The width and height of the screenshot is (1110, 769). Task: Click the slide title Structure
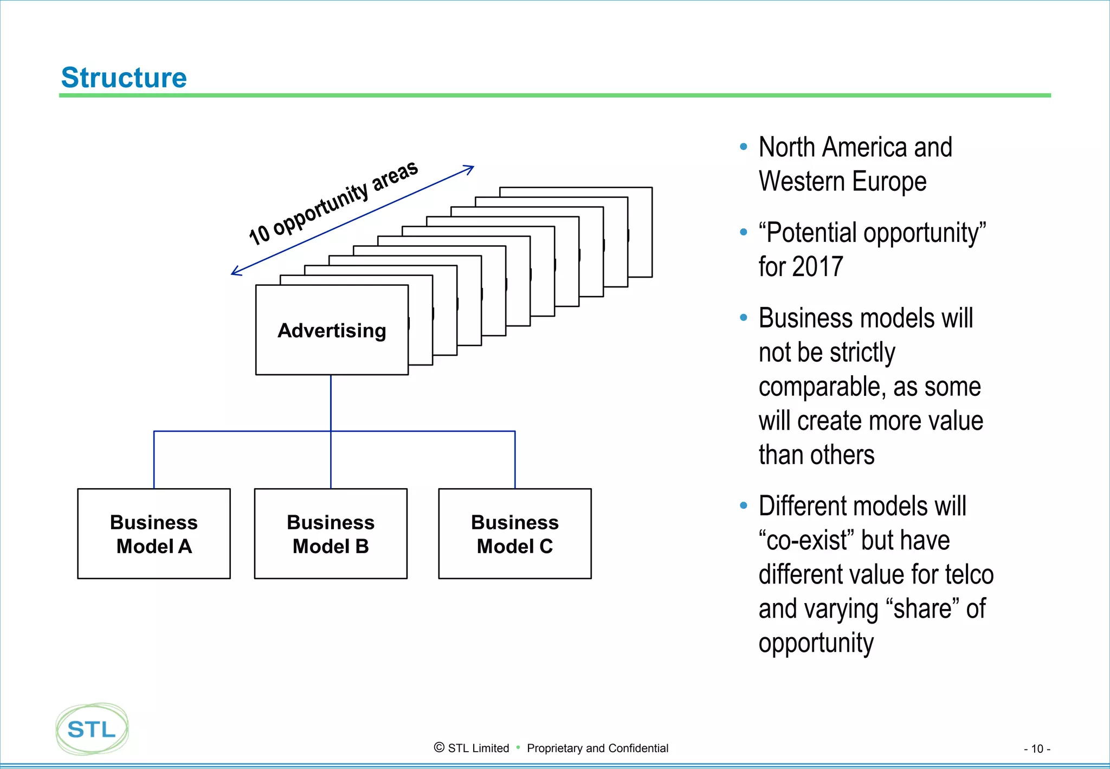coord(124,78)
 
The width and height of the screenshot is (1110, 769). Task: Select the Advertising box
coord(332,330)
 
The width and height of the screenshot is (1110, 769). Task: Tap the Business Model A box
coord(154,534)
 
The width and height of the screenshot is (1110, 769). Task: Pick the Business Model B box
coord(331,534)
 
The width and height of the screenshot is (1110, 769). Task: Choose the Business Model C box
coord(515,534)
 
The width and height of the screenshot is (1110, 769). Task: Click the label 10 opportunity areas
coord(333,203)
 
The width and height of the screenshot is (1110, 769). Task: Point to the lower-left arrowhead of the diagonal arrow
coord(235,272)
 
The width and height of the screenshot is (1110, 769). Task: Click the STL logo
coord(92,729)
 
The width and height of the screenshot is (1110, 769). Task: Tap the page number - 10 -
coord(1037,749)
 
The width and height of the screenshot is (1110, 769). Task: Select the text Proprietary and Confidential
coord(597,748)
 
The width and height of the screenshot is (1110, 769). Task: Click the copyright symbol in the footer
coord(439,748)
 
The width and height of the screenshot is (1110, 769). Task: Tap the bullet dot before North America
coord(744,147)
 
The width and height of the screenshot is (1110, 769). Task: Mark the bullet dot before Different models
coord(744,506)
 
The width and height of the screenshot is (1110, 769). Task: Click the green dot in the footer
coord(518,747)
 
